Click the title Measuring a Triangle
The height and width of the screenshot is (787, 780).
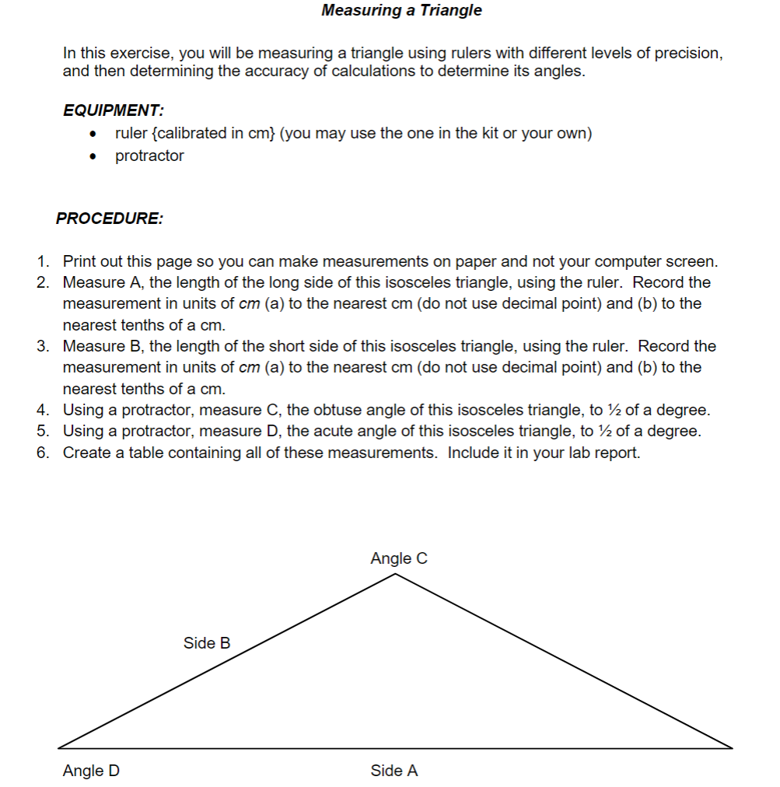pyautogui.click(x=401, y=10)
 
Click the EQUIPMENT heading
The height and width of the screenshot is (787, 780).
pyautogui.click(x=113, y=110)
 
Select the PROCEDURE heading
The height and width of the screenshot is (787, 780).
pyautogui.click(x=109, y=219)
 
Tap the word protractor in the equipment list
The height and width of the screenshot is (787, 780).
pyautogui.click(x=149, y=156)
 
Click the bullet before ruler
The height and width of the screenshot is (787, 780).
pyautogui.click(x=93, y=135)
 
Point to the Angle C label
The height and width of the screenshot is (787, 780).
pyautogui.click(x=399, y=558)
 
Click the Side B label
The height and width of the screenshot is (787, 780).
pyautogui.click(x=207, y=643)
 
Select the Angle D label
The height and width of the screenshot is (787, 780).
pyautogui.click(x=91, y=771)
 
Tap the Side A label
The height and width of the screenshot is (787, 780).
pyautogui.click(x=394, y=771)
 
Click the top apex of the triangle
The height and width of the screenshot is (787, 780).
pyautogui.click(x=396, y=574)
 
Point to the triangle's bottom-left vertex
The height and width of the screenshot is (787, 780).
pyautogui.click(x=59, y=748)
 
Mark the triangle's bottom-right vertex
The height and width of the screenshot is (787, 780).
pyautogui.click(x=732, y=748)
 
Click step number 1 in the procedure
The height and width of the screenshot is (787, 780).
pyautogui.click(x=43, y=261)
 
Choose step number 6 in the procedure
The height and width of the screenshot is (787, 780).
pyautogui.click(x=43, y=453)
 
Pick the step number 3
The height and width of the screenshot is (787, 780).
pyautogui.click(x=43, y=346)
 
